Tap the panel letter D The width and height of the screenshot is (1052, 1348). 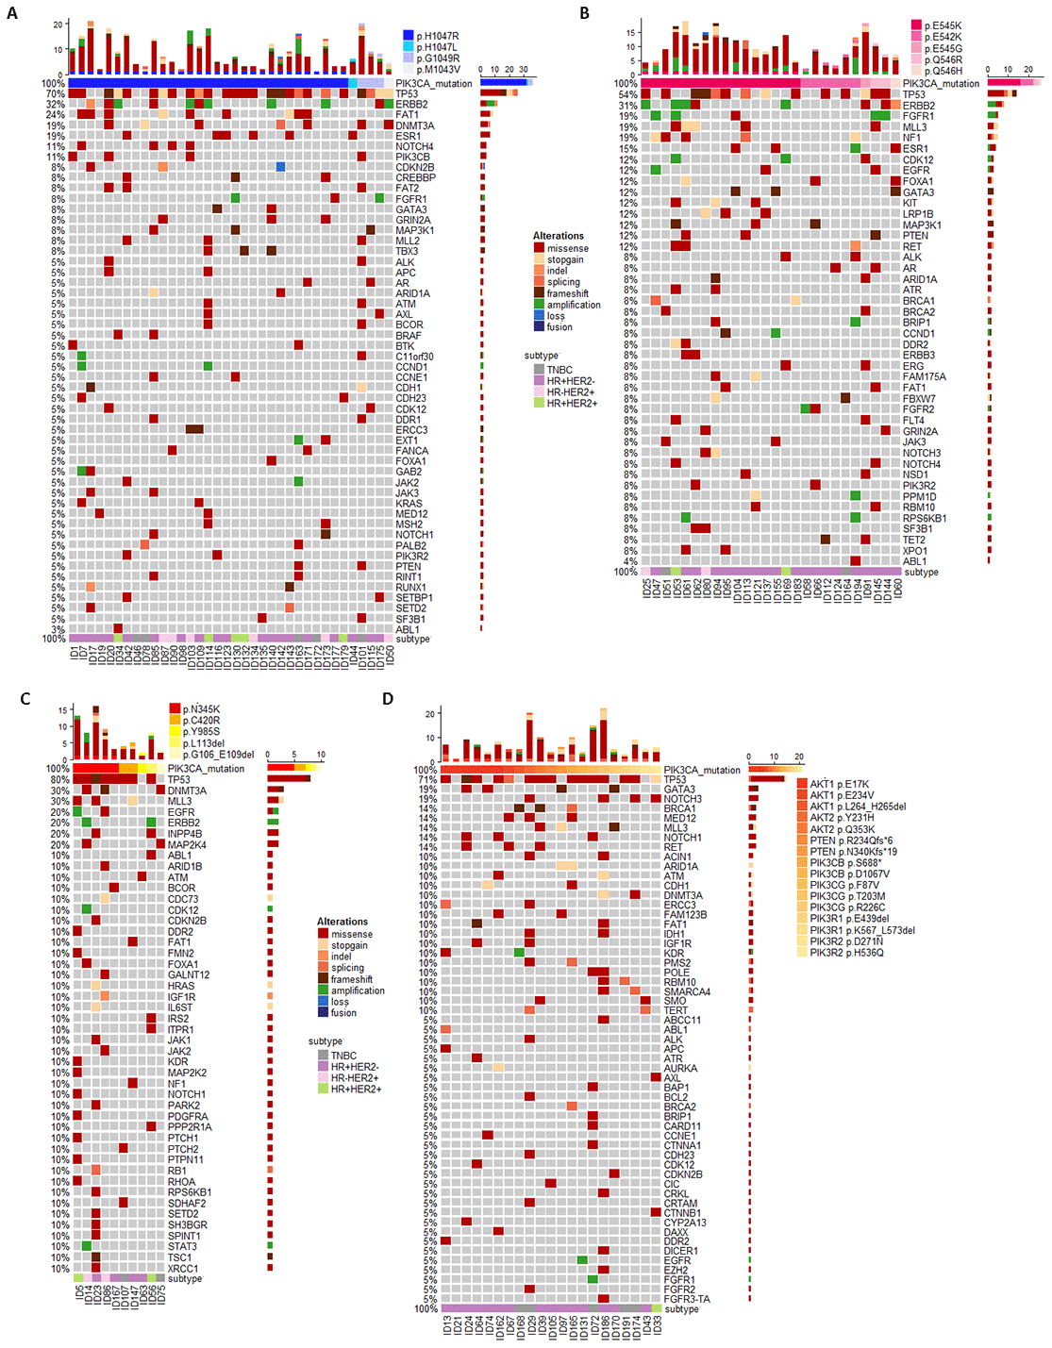388,698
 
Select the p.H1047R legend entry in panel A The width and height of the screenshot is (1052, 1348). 437,36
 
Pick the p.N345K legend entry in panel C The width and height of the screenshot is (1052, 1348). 202,709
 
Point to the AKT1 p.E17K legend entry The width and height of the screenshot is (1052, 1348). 838,784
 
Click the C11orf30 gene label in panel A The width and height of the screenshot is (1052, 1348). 414,357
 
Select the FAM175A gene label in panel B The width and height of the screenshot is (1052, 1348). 924,376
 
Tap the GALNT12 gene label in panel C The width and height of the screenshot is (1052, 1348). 189,974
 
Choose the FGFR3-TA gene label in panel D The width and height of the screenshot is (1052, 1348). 687,1299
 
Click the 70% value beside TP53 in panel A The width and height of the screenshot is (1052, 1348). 55,94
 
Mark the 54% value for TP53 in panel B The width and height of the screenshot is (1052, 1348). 627,94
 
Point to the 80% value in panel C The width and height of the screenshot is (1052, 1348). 59,779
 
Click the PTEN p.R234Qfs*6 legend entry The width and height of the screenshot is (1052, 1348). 850,840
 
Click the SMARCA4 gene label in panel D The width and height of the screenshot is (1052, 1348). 687,991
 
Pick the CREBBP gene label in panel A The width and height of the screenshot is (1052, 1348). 415,177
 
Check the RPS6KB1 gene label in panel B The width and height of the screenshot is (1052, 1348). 924,518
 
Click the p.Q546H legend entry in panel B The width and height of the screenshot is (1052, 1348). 943,71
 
